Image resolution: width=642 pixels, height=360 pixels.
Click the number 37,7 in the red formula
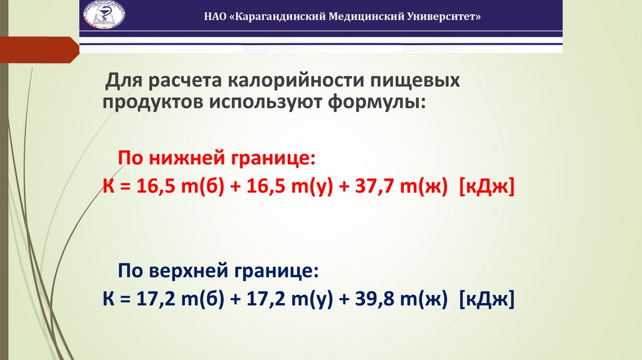[360, 186]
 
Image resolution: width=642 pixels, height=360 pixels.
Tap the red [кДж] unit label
[487, 186]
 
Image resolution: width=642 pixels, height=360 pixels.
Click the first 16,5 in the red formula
[149, 186]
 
